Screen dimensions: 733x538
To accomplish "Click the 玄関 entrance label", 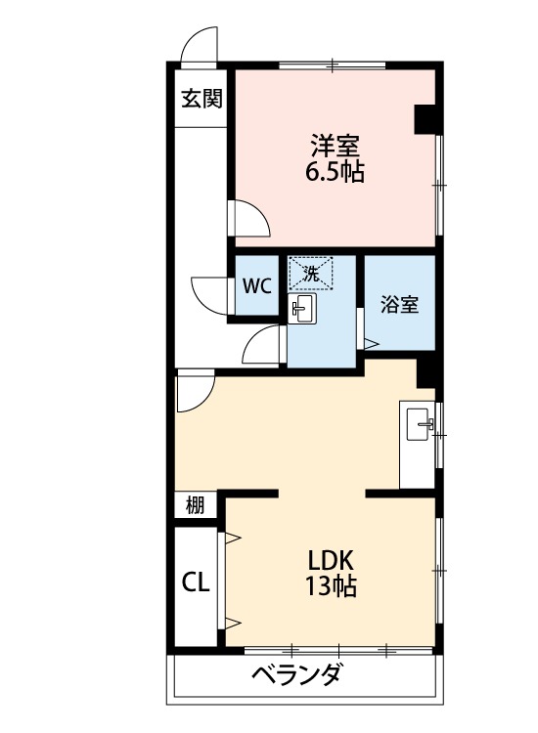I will coord(201,98).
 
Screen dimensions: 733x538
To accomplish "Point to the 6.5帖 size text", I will coord(335,174).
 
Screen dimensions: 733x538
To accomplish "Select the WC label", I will coord(257,286).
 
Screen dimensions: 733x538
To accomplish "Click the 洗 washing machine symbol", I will coord(311,274).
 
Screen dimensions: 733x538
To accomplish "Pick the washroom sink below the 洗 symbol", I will coord(302,310).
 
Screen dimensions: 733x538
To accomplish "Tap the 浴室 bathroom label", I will coord(399,304).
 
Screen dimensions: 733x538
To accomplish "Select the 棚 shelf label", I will coord(196,505).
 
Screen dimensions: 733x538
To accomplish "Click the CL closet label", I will coord(196,582).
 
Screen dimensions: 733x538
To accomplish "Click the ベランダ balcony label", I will coord(297,675).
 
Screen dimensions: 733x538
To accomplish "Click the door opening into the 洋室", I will coord(247,217).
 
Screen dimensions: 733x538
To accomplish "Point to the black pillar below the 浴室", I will coord(426,372).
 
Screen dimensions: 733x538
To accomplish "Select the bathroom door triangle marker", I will coord(370,342).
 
